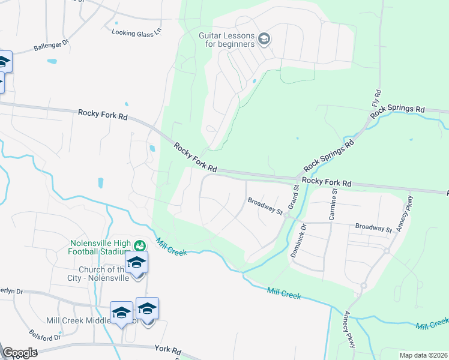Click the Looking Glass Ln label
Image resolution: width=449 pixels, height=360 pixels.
pyautogui.click(x=137, y=32)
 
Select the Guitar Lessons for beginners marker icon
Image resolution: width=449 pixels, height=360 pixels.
pyautogui.click(x=264, y=40)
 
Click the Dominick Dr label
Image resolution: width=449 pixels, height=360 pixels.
pyautogui.click(x=298, y=241)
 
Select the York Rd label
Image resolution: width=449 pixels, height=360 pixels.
pyautogui.click(x=167, y=349)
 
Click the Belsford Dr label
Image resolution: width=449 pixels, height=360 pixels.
pyautogui.click(x=45, y=334)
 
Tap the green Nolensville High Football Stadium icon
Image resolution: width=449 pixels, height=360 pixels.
pyautogui.click(x=140, y=245)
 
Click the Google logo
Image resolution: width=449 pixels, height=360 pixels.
pyautogui.click(x=20, y=352)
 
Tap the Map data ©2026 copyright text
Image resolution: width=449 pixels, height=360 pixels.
pyautogui.click(x=423, y=355)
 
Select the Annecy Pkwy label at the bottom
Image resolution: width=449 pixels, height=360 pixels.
pyautogui.click(x=349, y=329)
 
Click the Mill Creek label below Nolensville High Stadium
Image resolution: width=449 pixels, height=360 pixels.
pyautogui.click(x=172, y=247)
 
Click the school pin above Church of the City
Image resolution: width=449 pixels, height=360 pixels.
pyautogui.click(x=137, y=262)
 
